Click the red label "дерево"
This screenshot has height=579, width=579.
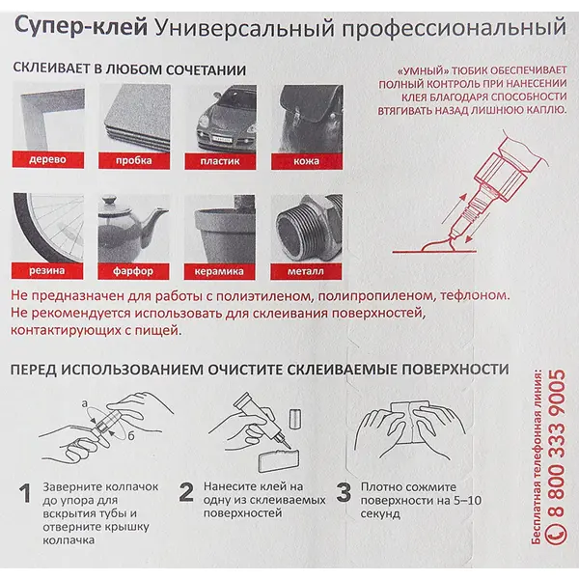pyautogui.click(x=48, y=159)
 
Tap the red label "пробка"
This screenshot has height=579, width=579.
pyautogui.click(x=134, y=160)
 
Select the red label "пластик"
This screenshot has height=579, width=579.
pyautogui.click(x=220, y=161)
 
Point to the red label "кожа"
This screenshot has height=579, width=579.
pyautogui.click(x=307, y=161)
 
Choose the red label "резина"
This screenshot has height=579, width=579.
pyautogui.click(x=47, y=270)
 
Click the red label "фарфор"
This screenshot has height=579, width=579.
pyautogui.click(x=133, y=271)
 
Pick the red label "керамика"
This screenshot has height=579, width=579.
pyautogui.click(x=219, y=271)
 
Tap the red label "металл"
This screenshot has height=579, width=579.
pyautogui.click(x=306, y=271)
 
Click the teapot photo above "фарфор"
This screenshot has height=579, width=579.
pyautogui.click(x=134, y=229)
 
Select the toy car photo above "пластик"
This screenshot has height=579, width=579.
pyautogui.click(x=220, y=118)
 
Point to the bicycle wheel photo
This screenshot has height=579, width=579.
pyautogui.click(x=47, y=228)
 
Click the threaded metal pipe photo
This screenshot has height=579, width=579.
pyautogui.click(x=307, y=229)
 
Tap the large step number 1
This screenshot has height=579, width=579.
pyautogui.click(x=25, y=493)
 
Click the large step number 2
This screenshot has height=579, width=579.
pyautogui.click(x=186, y=492)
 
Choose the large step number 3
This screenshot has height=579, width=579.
pyautogui.click(x=344, y=492)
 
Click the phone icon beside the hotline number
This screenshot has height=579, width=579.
pyautogui.click(x=556, y=534)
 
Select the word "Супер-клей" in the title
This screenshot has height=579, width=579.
pyautogui.click(x=81, y=27)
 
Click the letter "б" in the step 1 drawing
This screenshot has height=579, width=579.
pyautogui.click(x=131, y=436)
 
